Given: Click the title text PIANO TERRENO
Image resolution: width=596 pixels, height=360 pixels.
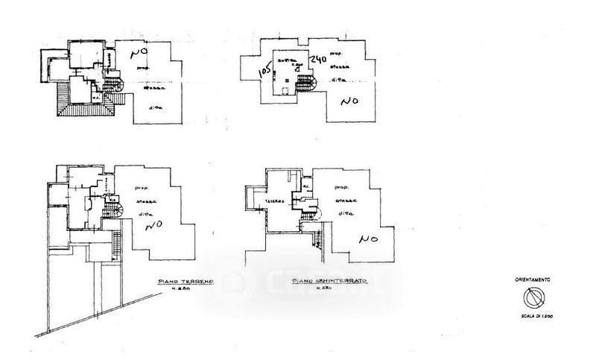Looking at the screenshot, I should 186,282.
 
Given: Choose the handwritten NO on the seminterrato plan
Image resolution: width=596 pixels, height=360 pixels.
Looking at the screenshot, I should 367,240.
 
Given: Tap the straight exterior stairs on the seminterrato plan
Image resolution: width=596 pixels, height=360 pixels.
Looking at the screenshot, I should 317,240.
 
